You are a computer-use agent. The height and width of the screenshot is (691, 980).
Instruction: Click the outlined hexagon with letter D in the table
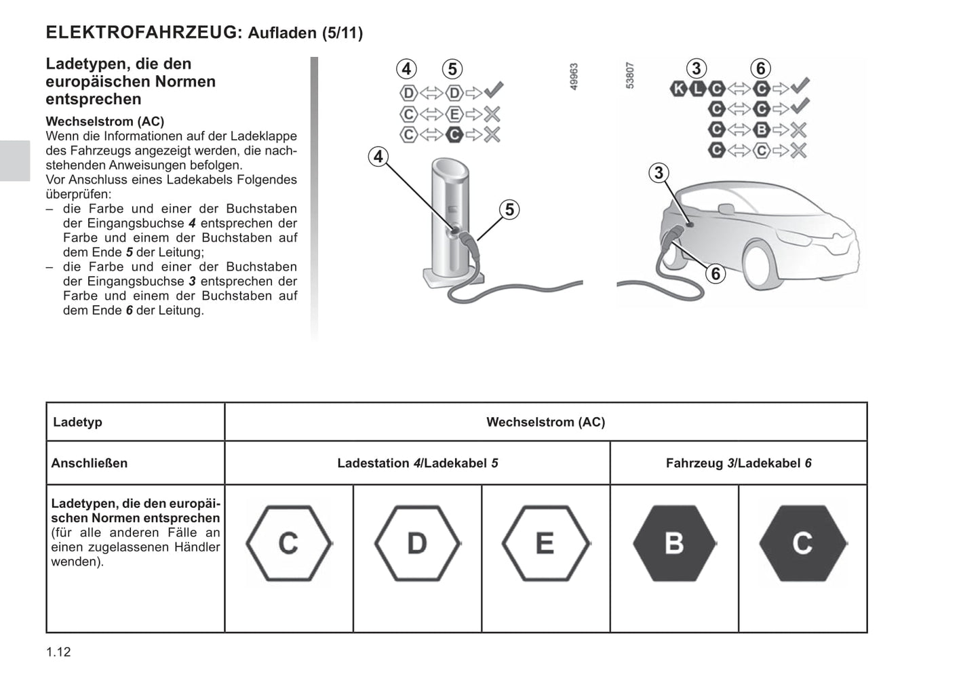tap(417, 543)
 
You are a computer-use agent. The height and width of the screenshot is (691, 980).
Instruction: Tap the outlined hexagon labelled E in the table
tap(545, 543)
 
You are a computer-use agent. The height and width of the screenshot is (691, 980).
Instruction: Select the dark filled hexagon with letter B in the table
tap(674, 543)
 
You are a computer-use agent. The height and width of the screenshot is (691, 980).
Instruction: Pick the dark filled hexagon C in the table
tap(802, 543)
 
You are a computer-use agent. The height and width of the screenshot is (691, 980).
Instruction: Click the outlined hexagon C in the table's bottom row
tap(289, 543)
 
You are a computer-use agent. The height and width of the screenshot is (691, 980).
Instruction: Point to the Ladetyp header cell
tap(78, 422)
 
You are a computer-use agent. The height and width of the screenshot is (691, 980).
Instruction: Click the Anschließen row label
tap(90, 463)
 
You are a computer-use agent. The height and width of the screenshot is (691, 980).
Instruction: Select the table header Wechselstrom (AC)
tap(545, 422)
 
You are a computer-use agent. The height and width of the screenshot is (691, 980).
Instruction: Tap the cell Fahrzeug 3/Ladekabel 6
tap(739, 463)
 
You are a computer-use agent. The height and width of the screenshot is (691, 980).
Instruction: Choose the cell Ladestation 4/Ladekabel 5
tap(417, 463)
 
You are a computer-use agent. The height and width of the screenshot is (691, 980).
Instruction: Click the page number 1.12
tap(58, 652)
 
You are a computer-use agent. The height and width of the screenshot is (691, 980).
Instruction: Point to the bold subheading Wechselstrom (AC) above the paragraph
tap(105, 121)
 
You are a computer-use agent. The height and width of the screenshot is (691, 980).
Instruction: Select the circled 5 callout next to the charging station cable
tap(509, 210)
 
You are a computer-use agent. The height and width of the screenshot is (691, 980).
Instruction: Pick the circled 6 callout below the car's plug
tap(715, 273)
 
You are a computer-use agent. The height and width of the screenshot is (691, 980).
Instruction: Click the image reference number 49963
tap(574, 77)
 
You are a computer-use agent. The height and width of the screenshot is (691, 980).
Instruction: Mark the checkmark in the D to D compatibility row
tap(493, 91)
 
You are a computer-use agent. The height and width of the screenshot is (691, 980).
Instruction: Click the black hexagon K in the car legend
tap(678, 88)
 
